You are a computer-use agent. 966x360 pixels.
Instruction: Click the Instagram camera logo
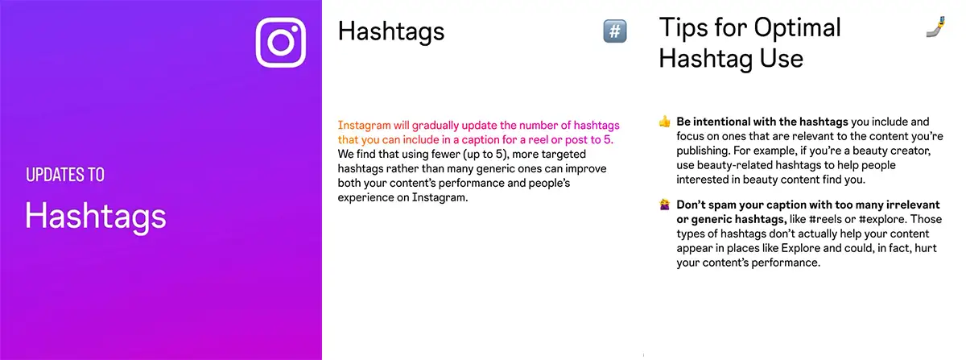(x=282, y=42)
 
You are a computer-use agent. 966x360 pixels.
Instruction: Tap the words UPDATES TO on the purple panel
(x=64, y=175)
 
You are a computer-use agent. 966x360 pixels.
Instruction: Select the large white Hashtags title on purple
(x=96, y=215)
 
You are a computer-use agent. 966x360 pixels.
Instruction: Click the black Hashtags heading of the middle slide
(x=391, y=32)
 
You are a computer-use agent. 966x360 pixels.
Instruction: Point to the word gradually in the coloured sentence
(x=434, y=126)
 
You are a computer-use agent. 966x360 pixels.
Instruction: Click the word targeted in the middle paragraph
(x=577, y=154)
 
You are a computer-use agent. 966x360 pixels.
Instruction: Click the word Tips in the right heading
(x=685, y=27)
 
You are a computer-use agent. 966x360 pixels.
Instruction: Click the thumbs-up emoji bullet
(x=665, y=122)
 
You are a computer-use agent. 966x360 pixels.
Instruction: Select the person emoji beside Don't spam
(x=665, y=205)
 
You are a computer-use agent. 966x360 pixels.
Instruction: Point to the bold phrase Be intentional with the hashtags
(x=762, y=122)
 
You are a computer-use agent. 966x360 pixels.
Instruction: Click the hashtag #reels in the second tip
(x=831, y=219)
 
